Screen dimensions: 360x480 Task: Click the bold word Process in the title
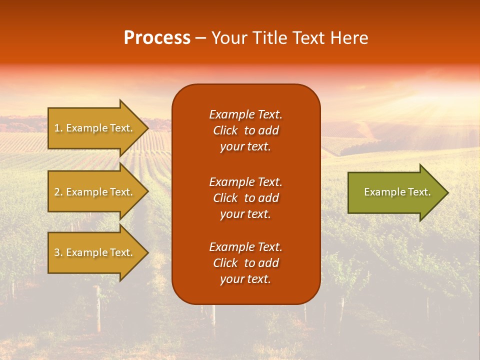point(157,38)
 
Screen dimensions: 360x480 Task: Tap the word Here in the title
point(349,38)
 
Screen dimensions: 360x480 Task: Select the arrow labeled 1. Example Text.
point(93,128)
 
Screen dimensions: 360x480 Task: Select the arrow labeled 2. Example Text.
point(93,192)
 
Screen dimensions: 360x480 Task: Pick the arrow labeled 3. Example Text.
point(93,252)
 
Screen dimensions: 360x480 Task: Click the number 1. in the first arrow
point(58,128)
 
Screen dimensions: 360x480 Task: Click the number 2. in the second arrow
point(58,192)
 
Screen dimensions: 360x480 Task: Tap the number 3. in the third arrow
point(58,252)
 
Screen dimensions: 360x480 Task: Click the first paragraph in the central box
point(245,130)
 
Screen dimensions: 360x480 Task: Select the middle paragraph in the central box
point(245,198)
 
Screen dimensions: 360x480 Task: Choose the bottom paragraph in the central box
point(245,263)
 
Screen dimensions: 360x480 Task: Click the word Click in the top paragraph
point(225,130)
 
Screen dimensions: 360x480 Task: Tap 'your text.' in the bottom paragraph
point(245,279)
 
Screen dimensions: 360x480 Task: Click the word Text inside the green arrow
point(419,192)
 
